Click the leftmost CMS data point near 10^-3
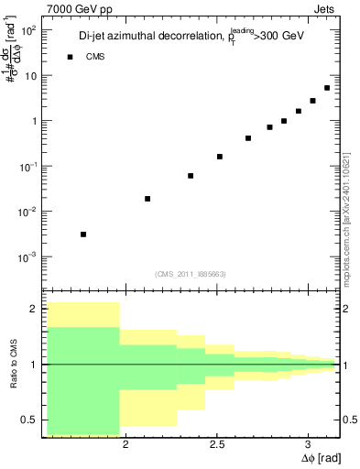(83, 234)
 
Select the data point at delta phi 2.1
(147, 199)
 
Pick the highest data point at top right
(327, 88)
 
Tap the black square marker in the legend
(69, 57)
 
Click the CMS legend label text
(94, 57)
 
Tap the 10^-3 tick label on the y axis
(27, 257)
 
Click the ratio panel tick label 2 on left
(33, 309)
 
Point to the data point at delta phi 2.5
(220, 157)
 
